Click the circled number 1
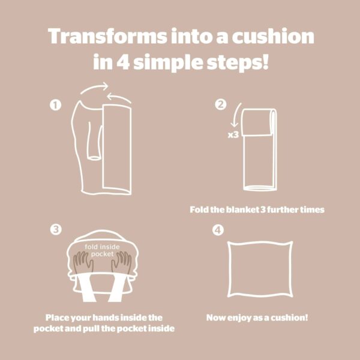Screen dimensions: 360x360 pos(56,105)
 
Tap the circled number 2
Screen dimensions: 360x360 pos(221,104)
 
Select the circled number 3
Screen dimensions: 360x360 pos(56,229)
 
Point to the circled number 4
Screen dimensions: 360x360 pos(218,230)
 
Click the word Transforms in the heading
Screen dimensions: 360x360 pos(107,36)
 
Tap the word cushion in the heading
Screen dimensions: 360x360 pos(273,36)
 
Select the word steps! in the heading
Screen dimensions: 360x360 pos(238,62)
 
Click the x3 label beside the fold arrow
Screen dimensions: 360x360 pos(233,135)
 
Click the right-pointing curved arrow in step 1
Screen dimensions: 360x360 pos(95,88)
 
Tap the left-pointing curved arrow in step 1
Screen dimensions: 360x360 pos(119,97)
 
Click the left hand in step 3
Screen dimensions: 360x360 pos(83,262)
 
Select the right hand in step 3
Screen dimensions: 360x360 pos(121,262)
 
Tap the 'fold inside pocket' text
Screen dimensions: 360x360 pos(102,250)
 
